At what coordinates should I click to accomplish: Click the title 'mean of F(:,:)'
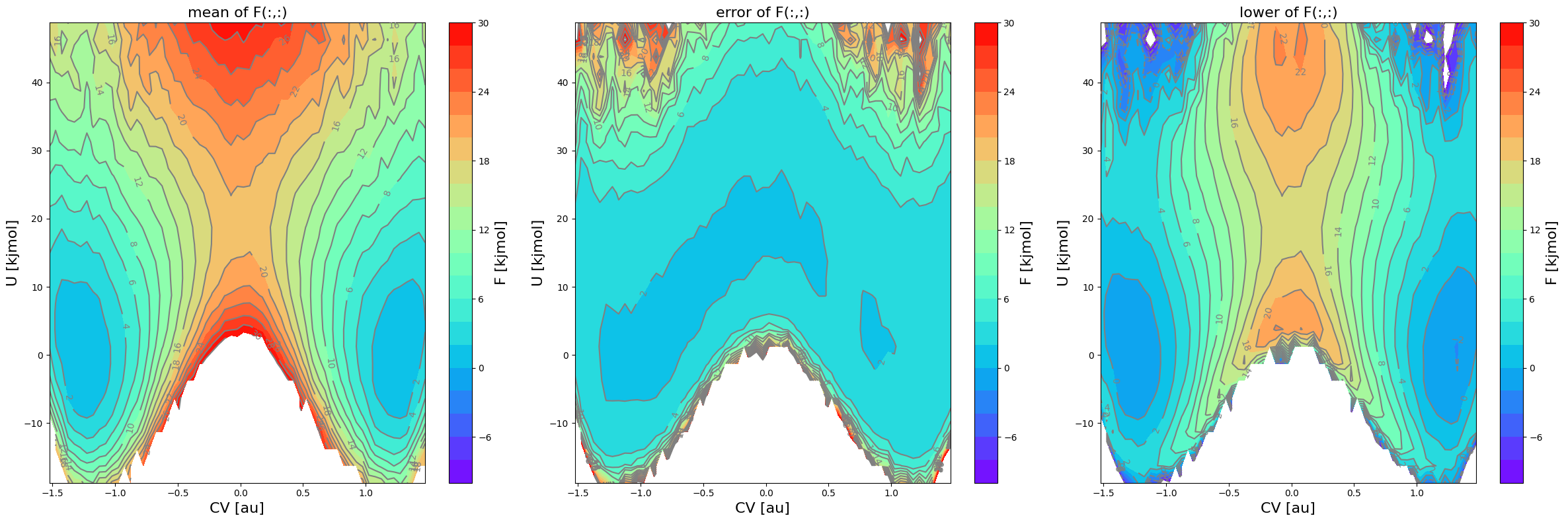coord(237,13)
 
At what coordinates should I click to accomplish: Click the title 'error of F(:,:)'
coord(762,13)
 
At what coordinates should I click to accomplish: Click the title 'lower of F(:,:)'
coord(1288,13)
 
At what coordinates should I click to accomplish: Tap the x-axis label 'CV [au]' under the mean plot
coord(237,507)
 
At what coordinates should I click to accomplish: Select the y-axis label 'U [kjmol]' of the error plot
coord(537,253)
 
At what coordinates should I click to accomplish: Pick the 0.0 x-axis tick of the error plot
coord(766,492)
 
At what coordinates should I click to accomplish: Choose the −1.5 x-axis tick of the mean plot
coord(53,492)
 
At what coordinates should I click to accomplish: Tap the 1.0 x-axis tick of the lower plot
coord(1417,492)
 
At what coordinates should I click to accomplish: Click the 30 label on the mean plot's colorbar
coord(483,23)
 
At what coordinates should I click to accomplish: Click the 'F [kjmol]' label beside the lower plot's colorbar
coord(1551,253)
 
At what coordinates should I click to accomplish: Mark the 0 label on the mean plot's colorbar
coord(481,368)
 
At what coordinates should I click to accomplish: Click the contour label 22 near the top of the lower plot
coord(1300,72)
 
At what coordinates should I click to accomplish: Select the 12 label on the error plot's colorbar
coord(1009,230)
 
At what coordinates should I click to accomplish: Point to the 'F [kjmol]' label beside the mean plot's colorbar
coord(500,253)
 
